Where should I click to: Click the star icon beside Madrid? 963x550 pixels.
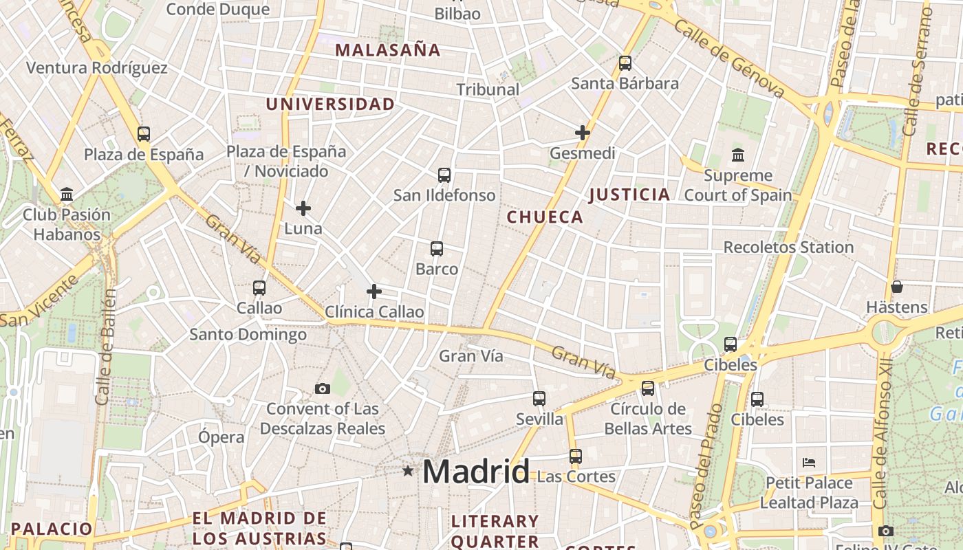coord(408,471)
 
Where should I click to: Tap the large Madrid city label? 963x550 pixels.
coord(476,472)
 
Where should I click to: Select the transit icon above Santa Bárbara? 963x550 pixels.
coord(625,63)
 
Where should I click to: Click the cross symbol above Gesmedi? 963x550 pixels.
coord(583,132)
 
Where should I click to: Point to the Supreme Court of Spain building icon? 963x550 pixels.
coord(738,155)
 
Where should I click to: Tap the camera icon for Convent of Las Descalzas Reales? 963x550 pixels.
coord(322,389)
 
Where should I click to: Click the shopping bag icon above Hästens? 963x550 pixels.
coord(896,287)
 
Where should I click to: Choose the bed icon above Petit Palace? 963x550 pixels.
coord(809,463)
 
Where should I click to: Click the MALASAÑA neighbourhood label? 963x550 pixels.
coord(388,50)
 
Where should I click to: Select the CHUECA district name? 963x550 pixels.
coord(545,218)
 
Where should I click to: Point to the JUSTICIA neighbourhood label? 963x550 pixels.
coord(629,195)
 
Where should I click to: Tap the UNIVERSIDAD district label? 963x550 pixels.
coord(330,104)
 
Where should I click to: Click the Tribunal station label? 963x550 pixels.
coord(488,89)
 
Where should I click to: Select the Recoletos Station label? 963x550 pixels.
coord(788,247)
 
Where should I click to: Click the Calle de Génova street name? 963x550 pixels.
coord(729,58)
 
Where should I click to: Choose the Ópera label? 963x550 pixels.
coord(221,437)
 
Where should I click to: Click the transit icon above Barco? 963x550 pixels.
coord(437,249)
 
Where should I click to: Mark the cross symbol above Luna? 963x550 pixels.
coord(303,208)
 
